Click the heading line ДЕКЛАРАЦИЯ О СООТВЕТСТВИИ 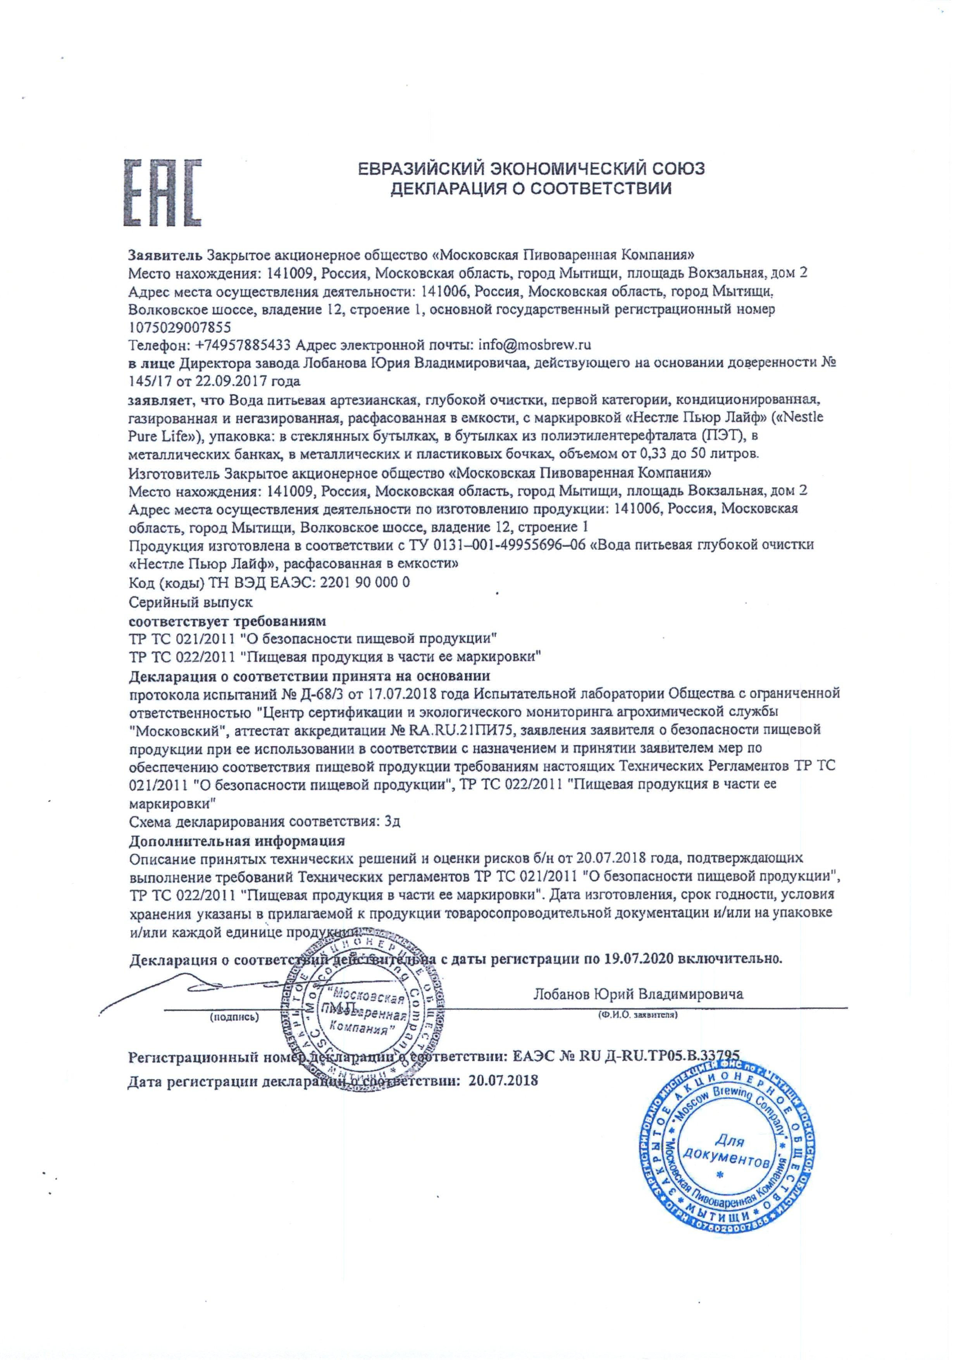[x=531, y=189]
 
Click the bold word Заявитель [x=166, y=255]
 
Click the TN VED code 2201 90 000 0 [x=364, y=582]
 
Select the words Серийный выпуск [x=191, y=602]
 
